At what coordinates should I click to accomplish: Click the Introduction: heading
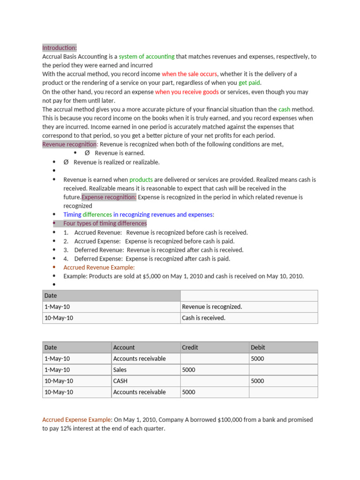click(60, 48)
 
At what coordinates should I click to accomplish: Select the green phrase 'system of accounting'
click(146, 57)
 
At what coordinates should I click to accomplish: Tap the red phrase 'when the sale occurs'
click(189, 74)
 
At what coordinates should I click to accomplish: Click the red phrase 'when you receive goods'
click(187, 92)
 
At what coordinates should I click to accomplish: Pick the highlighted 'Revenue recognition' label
click(69, 144)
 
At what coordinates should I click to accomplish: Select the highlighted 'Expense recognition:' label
click(109, 197)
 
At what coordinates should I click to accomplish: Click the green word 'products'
click(141, 180)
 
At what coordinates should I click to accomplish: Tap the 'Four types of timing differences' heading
click(105, 224)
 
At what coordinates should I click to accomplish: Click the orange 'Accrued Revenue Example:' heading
click(99, 268)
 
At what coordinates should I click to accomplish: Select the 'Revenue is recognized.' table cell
click(212, 307)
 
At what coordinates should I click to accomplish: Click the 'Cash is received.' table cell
click(203, 318)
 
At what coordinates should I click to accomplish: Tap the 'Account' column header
click(124, 347)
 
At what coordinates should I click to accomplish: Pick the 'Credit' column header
click(190, 347)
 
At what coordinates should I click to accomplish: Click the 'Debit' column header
click(258, 347)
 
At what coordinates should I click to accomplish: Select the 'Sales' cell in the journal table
click(120, 370)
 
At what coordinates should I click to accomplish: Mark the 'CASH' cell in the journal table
click(120, 381)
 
